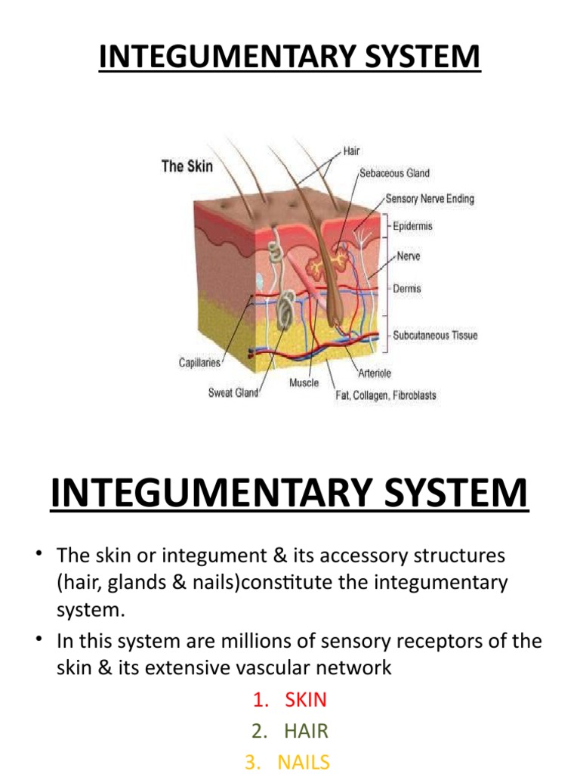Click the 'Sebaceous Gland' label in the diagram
394,173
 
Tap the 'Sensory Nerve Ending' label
430,199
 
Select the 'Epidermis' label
412,226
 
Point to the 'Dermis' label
407,288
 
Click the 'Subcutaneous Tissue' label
435,335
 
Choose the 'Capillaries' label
199,363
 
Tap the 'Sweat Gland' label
233,393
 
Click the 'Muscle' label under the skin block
304,382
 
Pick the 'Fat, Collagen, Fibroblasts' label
385,395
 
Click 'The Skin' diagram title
187,166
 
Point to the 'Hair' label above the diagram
352,151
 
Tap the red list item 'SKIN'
306,699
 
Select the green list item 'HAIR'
306,731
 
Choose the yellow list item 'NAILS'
304,762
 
